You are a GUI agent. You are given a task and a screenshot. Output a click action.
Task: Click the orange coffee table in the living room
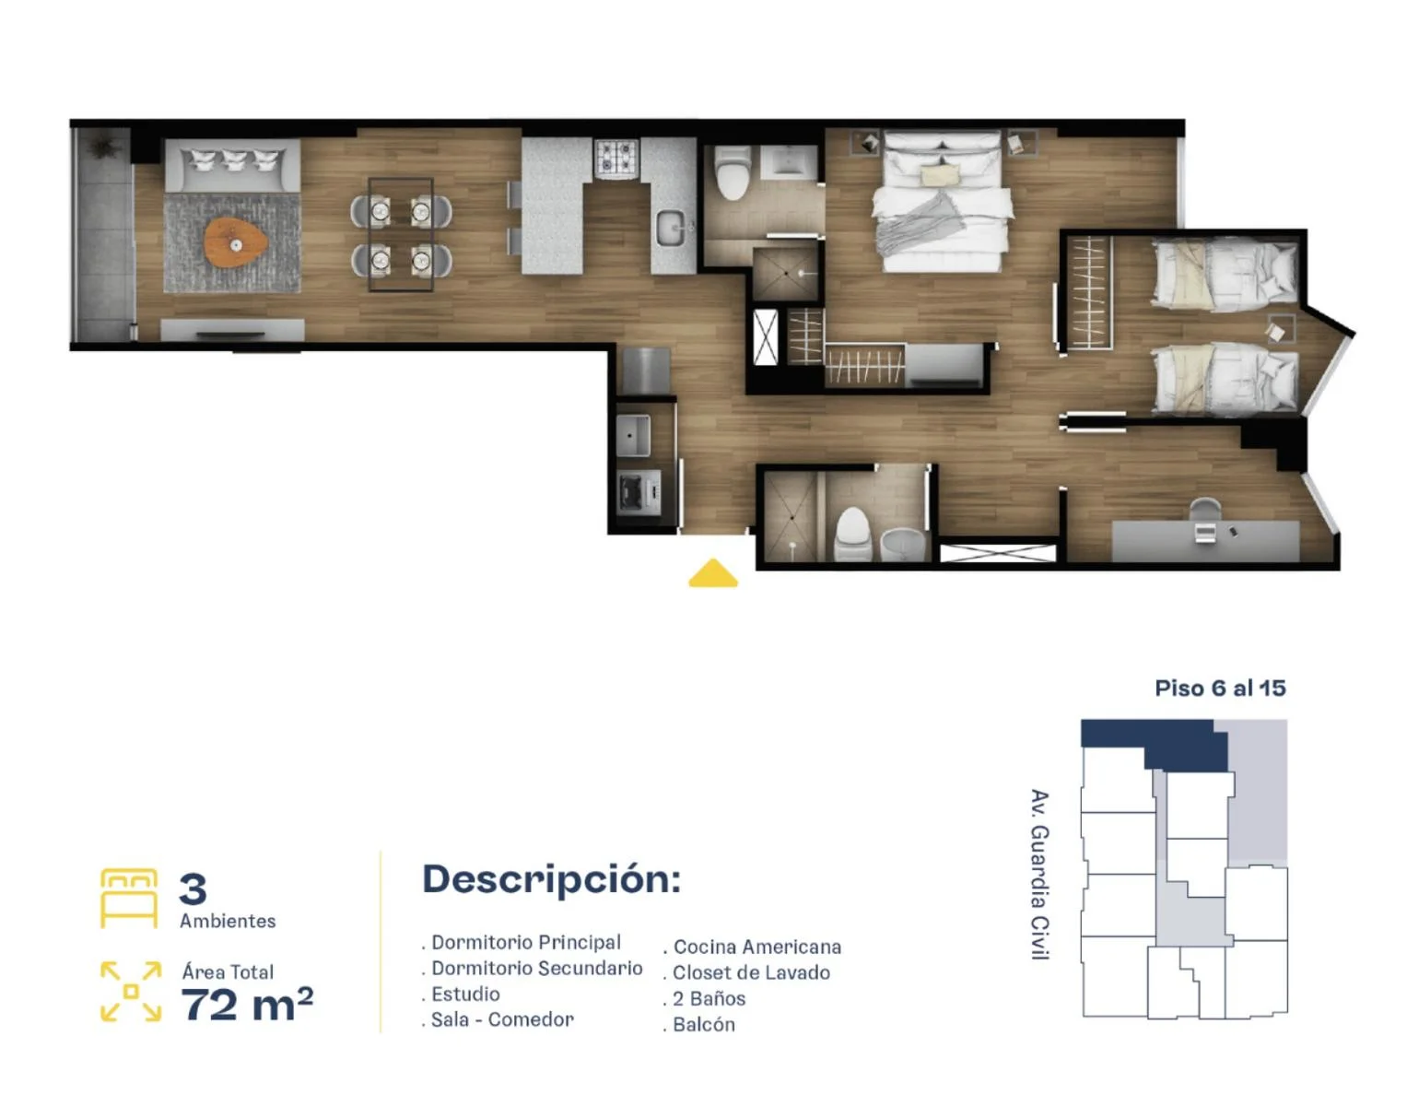click(x=236, y=243)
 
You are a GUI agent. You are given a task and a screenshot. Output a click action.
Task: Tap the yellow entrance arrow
click(x=712, y=573)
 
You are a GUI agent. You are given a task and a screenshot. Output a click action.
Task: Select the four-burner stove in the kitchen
click(x=616, y=158)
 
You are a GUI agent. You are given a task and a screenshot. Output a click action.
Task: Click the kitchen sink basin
click(x=674, y=228)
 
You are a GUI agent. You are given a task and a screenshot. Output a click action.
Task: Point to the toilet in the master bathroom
click(x=733, y=172)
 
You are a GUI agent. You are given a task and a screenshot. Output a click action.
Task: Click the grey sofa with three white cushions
click(x=232, y=166)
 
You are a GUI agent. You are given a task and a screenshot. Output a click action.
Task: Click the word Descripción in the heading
click(x=551, y=879)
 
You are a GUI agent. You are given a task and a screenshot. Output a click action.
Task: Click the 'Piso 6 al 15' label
click(x=1220, y=688)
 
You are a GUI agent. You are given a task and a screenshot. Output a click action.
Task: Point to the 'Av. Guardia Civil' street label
click(x=1039, y=874)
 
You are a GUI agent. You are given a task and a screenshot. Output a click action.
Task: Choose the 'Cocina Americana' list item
click(x=753, y=947)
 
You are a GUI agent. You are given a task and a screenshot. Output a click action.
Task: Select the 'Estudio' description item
click(x=461, y=994)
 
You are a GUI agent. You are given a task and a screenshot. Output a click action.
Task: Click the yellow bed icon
click(x=129, y=898)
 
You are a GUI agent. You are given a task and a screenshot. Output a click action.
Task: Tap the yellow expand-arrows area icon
click(x=131, y=992)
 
